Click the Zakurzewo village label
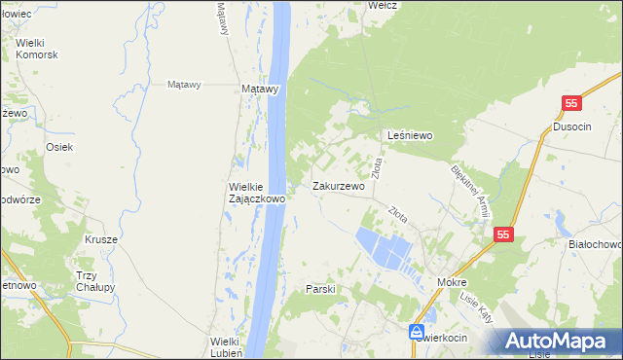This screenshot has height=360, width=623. coord(338,186)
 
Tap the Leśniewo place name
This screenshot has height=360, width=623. coord(410,135)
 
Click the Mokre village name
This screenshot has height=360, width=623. coord(453,282)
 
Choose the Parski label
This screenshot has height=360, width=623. coord(320,289)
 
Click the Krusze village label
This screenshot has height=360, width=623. coord(100,239)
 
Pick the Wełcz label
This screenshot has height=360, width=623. coord(381,5)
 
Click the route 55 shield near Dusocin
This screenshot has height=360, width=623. coord(572,103)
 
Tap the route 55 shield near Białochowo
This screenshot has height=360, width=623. coord(502,234)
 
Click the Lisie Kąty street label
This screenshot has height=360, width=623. coord(478,309)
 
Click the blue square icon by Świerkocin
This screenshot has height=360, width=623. coord(417,332)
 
